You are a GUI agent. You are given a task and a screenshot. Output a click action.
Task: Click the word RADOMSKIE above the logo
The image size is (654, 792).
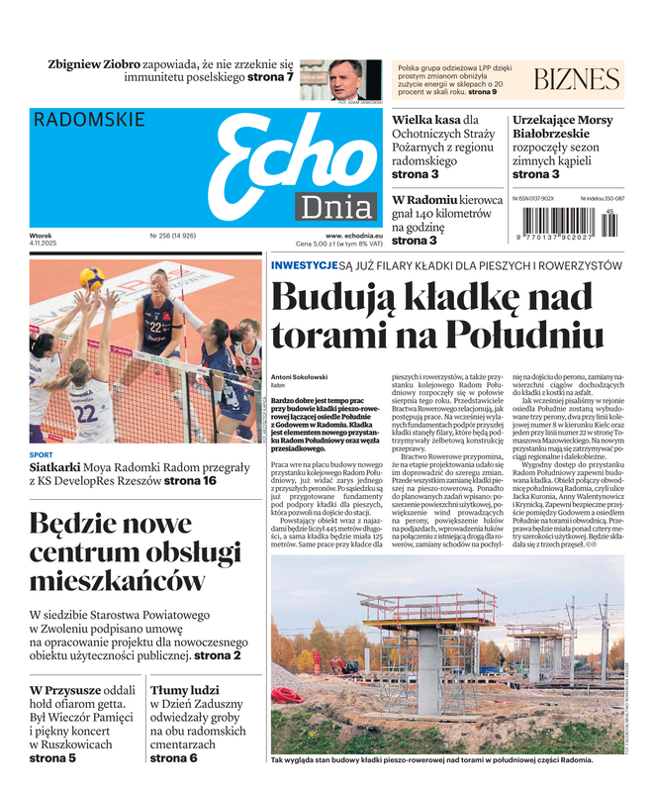[89, 120]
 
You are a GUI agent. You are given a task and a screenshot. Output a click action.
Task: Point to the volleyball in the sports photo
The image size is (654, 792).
[92, 278]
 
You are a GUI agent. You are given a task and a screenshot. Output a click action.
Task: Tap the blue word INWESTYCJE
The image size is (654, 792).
[304, 265]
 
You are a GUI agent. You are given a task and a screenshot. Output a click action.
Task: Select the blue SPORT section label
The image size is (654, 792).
[42, 455]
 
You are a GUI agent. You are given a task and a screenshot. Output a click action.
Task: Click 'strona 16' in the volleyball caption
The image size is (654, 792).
[190, 481]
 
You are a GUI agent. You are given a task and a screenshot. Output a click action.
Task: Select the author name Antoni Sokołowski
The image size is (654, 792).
[301, 376]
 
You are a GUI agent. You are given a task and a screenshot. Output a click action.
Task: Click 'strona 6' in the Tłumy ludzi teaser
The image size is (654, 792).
[174, 758]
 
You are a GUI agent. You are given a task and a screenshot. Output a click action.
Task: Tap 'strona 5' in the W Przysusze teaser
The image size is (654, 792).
[52, 758]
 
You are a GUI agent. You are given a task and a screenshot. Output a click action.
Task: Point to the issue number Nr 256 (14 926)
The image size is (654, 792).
[173, 236]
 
